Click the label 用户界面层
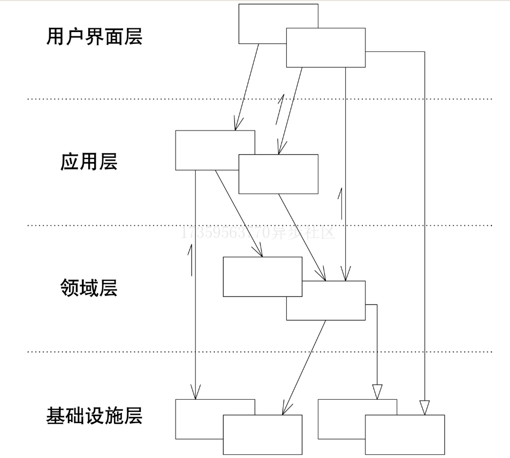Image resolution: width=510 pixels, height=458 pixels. click(x=94, y=37)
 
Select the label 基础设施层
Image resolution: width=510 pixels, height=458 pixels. click(x=94, y=415)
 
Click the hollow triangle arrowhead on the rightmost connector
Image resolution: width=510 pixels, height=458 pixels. click(x=424, y=408)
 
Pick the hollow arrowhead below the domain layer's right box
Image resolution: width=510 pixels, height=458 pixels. click(x=377, y=392)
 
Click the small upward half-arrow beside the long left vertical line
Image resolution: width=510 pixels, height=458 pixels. click(x=190, y=260)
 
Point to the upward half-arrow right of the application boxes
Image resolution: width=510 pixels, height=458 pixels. click(x=339, y=201)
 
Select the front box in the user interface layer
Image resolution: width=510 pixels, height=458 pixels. click(x=326, y=48)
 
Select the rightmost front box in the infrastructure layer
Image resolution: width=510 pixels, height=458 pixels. click(x=405, y=434)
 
